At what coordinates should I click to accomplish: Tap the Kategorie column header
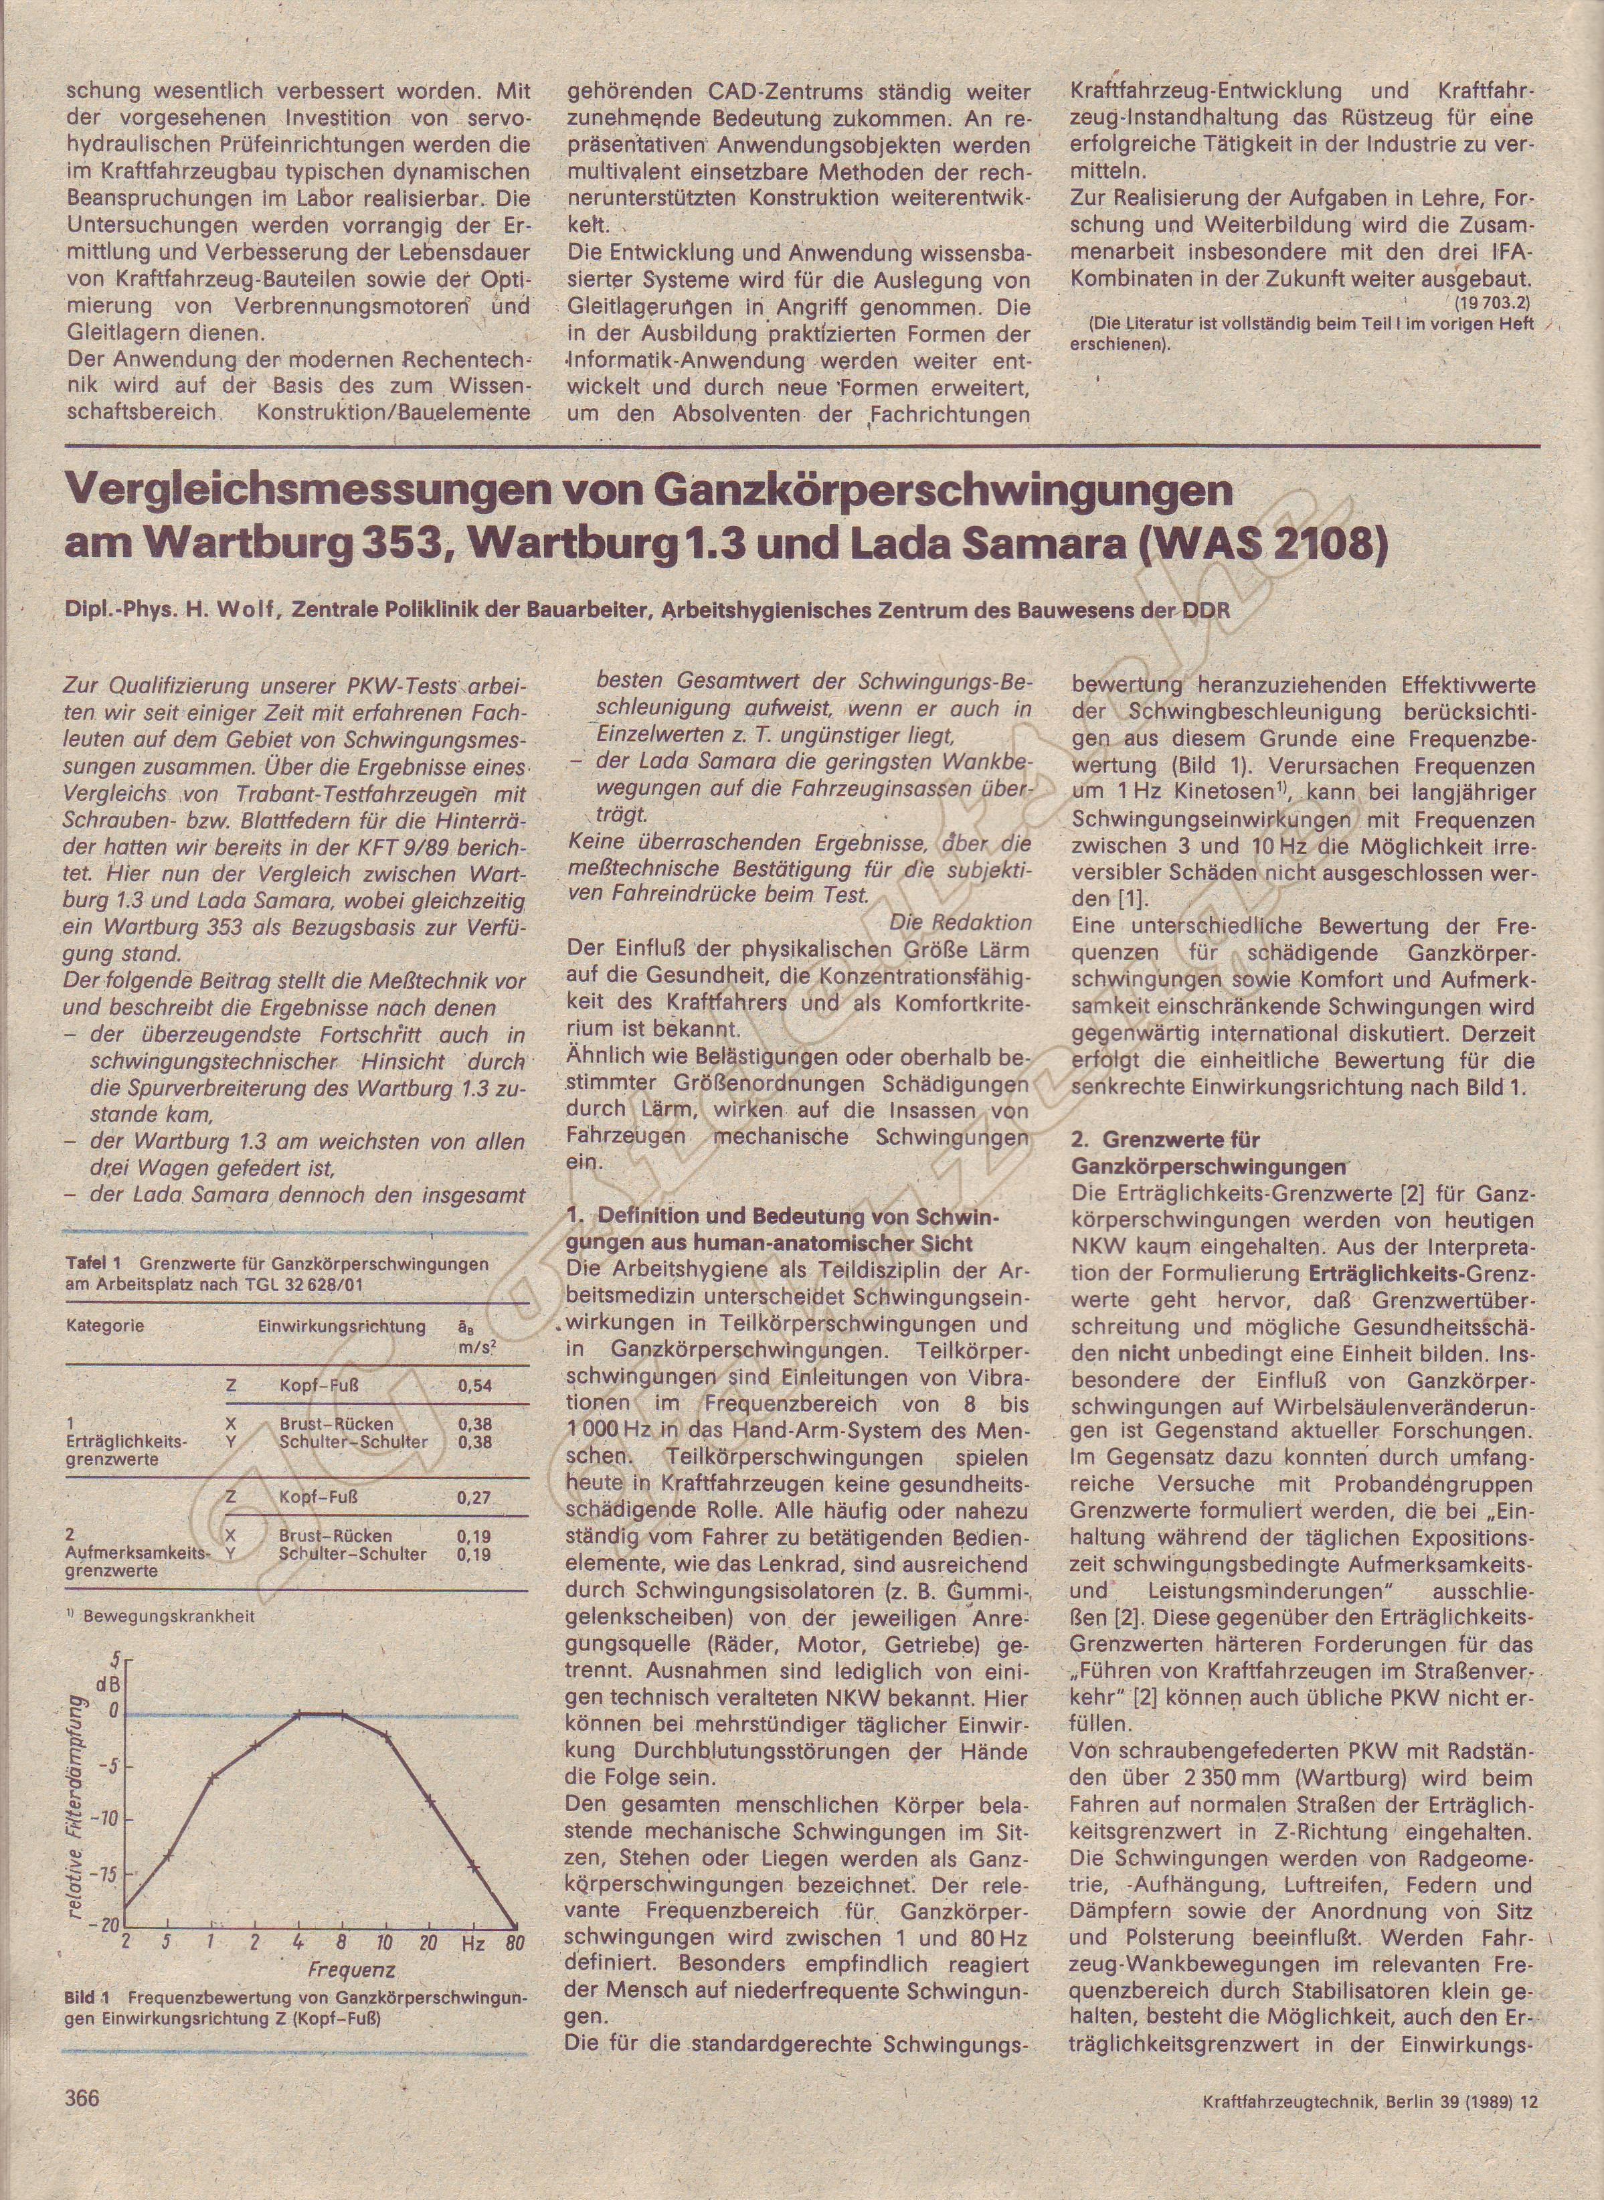[x=106, y=1326]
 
